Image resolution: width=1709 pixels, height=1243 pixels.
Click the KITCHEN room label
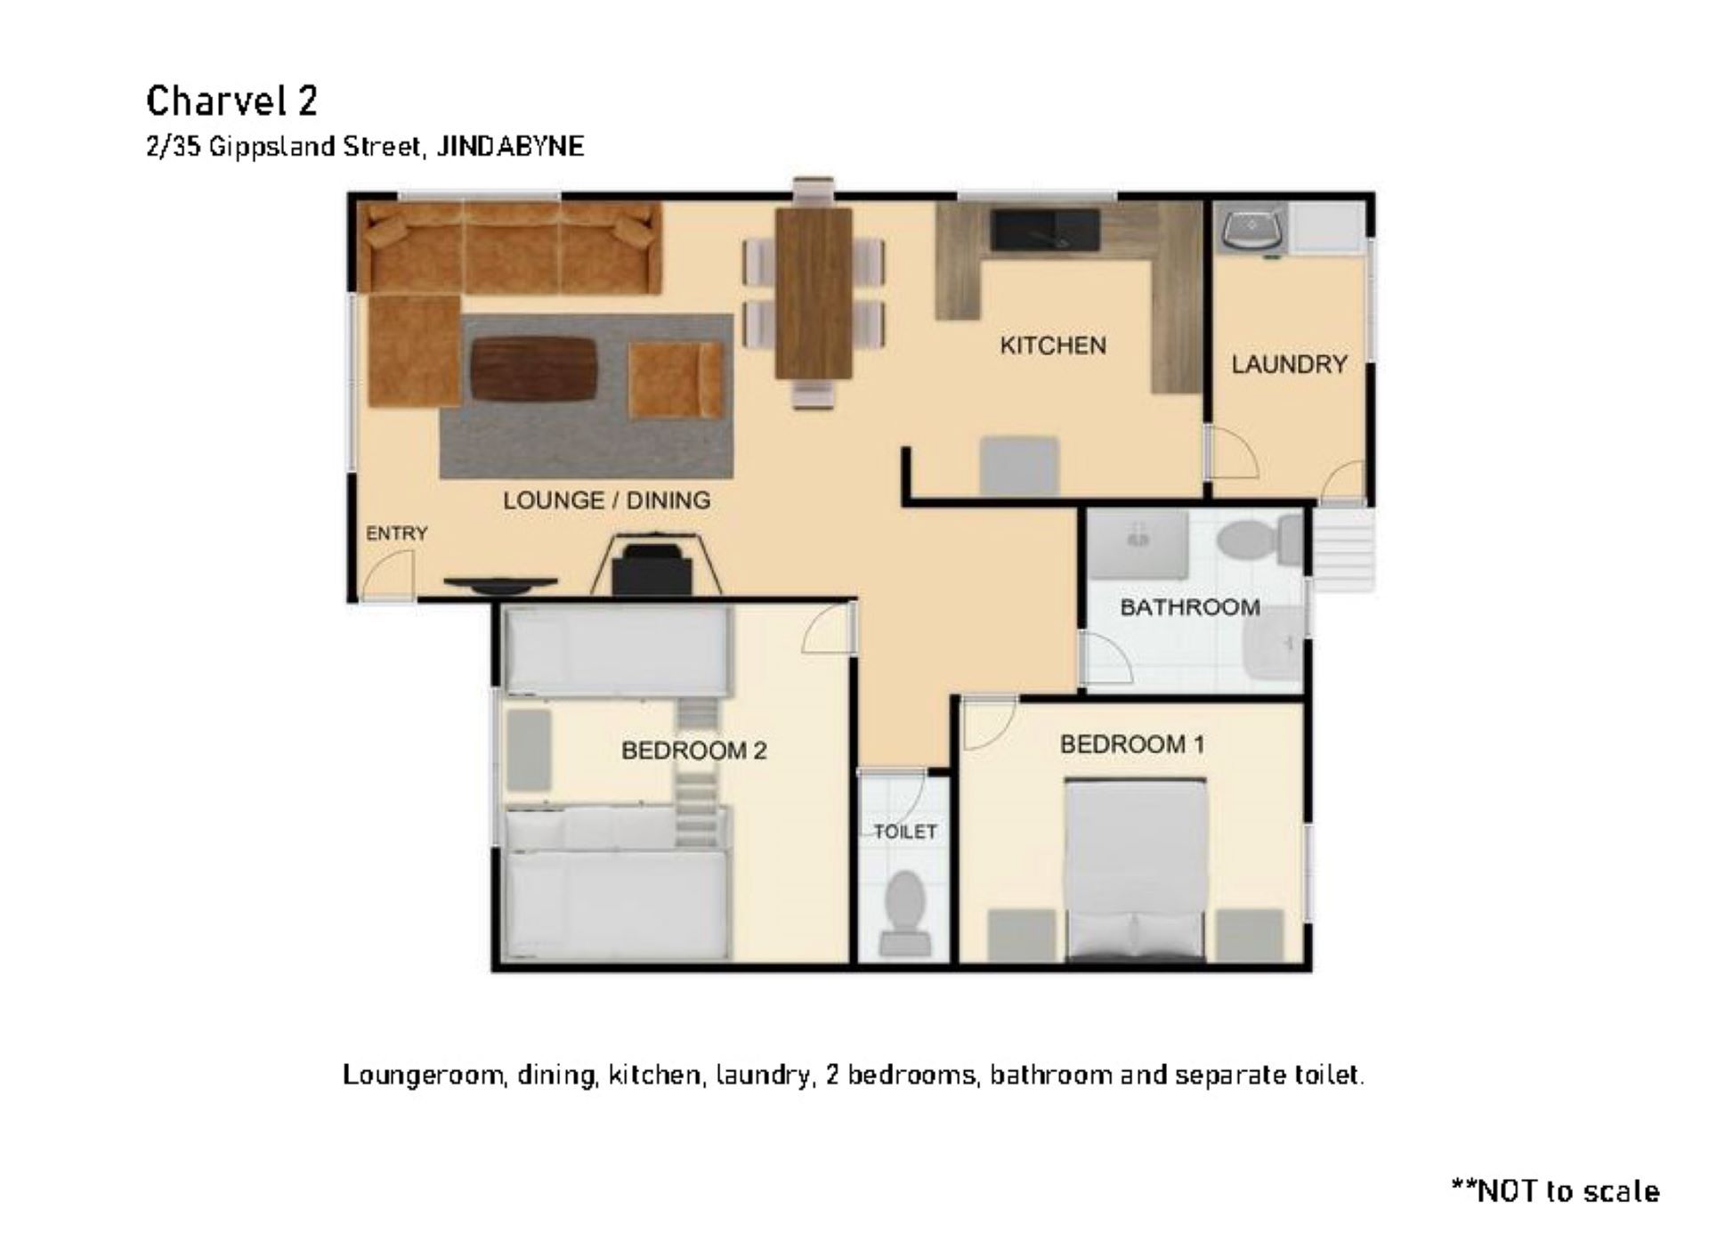tap(1052, 345)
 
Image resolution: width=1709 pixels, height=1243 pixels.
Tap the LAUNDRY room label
tap(1289, 364)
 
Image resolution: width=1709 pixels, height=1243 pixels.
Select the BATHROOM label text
tap(1190, 607)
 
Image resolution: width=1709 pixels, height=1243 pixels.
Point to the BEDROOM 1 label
tap(1132, 744)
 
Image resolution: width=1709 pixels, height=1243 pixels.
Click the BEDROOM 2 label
tap(693, 751)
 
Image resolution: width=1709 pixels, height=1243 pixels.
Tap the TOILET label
tap(905, 832)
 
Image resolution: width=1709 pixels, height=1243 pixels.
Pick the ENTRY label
tap(397, 533)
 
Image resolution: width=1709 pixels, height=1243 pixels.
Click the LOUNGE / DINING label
tap(606, 500)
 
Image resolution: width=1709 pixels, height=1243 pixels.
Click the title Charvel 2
tap(231, 101)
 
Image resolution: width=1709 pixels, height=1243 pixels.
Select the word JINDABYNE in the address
tap(511, 146)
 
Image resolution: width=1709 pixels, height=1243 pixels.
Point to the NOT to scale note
tap(1555, 1191)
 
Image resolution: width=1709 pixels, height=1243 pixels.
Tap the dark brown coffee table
tap(533, 369)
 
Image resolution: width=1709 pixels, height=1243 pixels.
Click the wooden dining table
tap(814, 293)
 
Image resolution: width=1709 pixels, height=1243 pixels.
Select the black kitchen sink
tap(1045, 230)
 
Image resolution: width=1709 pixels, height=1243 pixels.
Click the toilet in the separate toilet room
tap(904, 914)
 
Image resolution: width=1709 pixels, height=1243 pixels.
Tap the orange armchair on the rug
tap(676, 380)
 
